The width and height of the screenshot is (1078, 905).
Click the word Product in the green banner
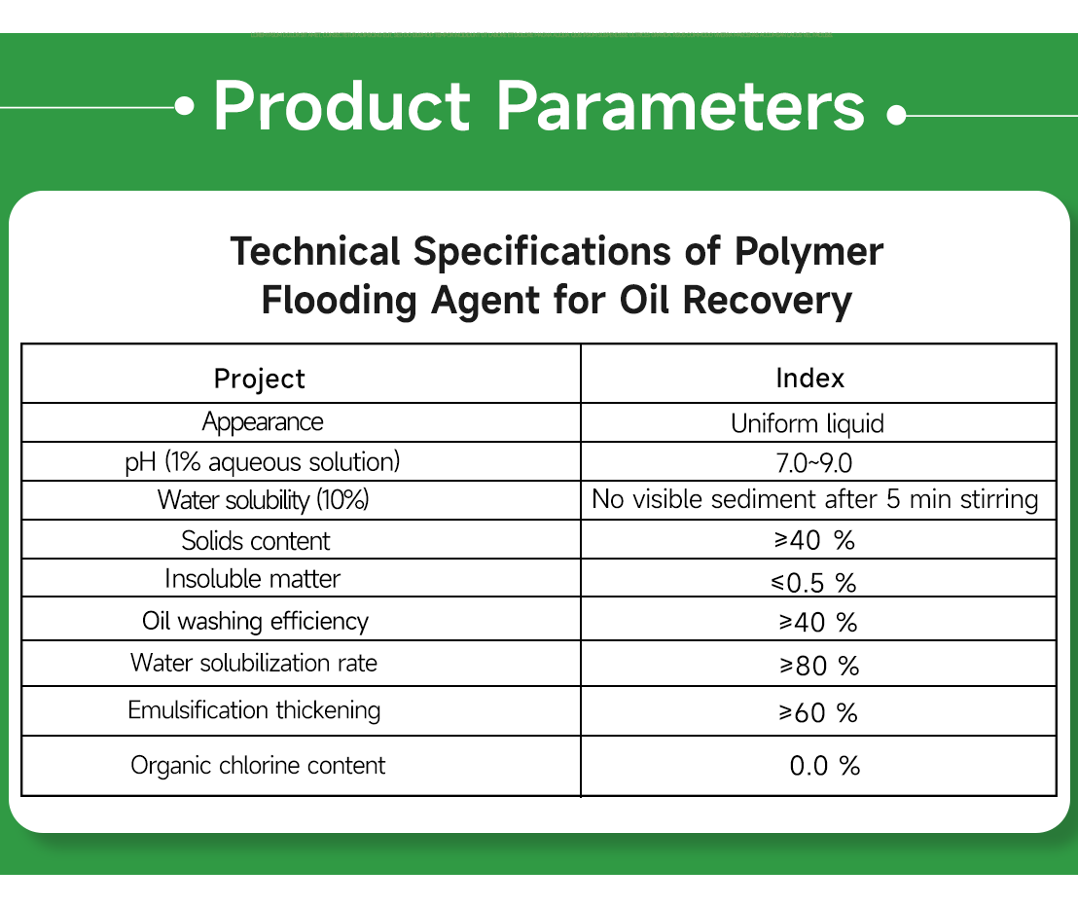[x=341, y=106]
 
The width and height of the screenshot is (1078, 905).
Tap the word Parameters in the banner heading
[x=680, y=106]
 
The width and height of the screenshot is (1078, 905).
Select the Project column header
[x=259, y=379]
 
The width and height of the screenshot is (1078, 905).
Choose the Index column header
[x=809, y=378]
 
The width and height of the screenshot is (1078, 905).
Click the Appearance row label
[x=263, y=422]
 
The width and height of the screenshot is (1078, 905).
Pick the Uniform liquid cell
[x=808, y=423]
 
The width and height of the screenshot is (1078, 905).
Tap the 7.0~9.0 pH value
[x=808, y=462]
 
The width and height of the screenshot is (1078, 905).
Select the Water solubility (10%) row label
[x=264, y=500]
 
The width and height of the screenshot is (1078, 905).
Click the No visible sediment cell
[x=815, y=500]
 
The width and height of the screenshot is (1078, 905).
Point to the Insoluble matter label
[x=253, y=579]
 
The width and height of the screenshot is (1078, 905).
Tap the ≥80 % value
[x=818, y=667]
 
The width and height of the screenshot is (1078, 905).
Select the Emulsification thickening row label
[x=254, y=710]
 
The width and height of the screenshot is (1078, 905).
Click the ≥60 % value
[x=817, y=713]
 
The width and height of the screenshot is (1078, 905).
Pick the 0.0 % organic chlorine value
[x=824, y=766]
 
